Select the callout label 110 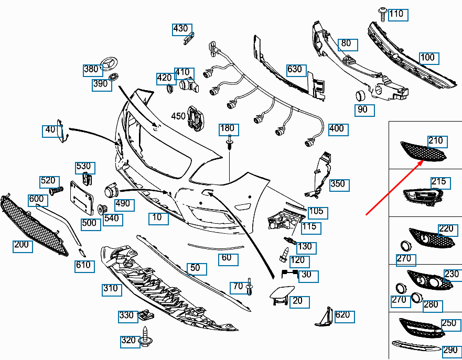pyautogui.click(x=397, y=14)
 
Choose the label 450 pyautogui.click(x=179, y=115)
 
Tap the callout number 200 pyautogui.click(x=22, y=245)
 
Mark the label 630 pyautogui.click(x=295, y=69)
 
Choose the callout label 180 pyautogui.click(x=227, y=128)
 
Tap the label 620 pyautogui.click(x=342, y=315)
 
